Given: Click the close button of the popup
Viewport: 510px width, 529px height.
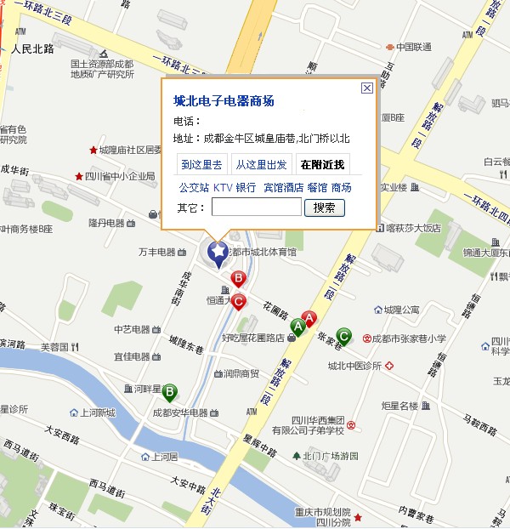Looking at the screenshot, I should point(366,88).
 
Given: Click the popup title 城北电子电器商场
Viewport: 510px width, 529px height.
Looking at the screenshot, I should point(224,101).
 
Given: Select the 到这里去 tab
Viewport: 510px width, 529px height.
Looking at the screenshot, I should point(202,164).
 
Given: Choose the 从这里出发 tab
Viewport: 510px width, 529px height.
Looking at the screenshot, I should point(262,164).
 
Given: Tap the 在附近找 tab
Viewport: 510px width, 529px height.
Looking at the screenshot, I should point(323,164).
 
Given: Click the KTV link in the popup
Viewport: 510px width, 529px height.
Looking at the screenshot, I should point(222,187).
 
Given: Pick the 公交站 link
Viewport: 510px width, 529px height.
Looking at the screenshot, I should point(193,187).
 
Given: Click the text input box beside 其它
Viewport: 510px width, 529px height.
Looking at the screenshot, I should point(256,208).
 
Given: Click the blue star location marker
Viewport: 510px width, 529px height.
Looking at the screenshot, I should point(218,252).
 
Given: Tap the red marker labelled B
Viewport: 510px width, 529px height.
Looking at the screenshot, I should point(239,278).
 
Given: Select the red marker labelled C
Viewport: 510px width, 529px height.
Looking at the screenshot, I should point(240,300).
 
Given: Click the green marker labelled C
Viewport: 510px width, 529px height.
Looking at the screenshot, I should point(343,335).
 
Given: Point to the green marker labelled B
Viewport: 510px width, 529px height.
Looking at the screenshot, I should point(170,392).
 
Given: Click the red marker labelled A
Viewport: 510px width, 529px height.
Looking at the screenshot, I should point(310,319).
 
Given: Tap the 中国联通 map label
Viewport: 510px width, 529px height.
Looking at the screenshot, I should point(413,47).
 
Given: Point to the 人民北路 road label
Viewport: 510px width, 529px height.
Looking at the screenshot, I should point(33,49).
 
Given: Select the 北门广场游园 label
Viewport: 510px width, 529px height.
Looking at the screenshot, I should point(331,456).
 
